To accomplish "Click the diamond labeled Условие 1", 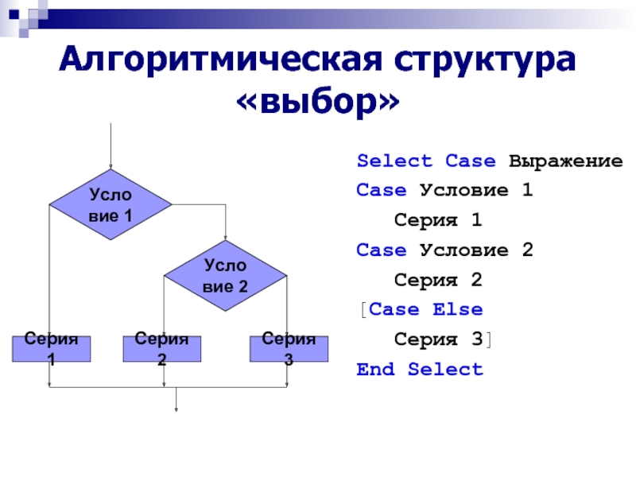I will (x=111, y=205).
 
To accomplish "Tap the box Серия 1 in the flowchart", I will (x=51, y=349).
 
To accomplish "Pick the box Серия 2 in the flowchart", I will (x=162, y=349).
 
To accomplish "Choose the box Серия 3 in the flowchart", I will (x=289, y=349).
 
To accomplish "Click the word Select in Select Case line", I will (x=395, y=161).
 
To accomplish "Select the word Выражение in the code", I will (x=566, y=161).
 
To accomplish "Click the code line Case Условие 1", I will (x=444, y=191).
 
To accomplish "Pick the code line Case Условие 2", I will (x=444, y=250).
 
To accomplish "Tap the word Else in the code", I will (x=457, y=309).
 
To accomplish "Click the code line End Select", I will (x=420, y=370).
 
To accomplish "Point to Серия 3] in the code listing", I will (x=444, y=339).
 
